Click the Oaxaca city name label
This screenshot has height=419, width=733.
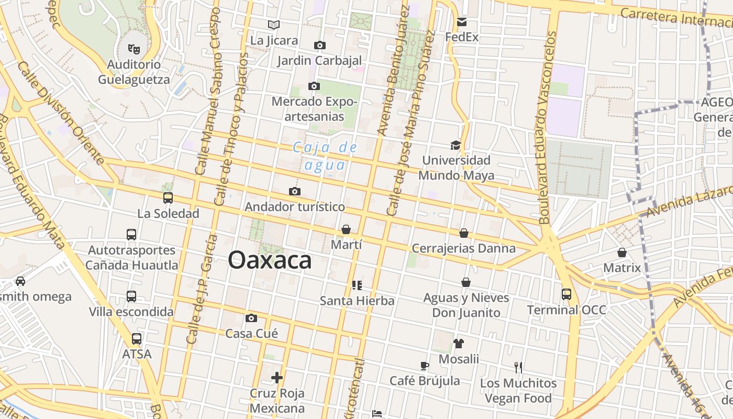coord(270,260)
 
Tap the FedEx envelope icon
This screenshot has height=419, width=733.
coord(461,22)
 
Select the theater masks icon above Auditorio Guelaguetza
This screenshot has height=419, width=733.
coord(134,49)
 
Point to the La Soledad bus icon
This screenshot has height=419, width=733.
coord(168,198)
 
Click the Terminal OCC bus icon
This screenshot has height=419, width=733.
coord(567,294)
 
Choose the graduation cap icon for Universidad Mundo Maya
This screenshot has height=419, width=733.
coord(456,145)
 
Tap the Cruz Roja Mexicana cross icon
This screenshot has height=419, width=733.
coord(277,377)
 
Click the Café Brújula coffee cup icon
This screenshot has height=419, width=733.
coord(425,366)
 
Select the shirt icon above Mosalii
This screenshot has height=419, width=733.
coord(459,344)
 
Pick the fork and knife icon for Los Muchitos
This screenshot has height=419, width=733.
coord(518,367)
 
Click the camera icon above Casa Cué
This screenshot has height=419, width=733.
coord(251,318)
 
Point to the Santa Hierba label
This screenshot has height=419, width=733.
coord(357,301)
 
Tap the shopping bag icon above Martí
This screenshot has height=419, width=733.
coord(346,229)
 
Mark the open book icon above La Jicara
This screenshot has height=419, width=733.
coord(274,25)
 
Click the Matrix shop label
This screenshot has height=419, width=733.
coord(622,268)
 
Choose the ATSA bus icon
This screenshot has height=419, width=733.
coord(137,339)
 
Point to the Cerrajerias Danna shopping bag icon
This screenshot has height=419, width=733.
coord(464,233)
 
